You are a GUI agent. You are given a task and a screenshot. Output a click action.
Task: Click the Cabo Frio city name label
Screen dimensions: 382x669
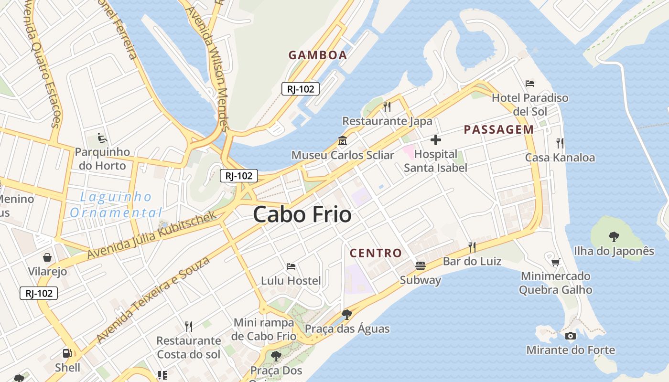click(x=302, y=214)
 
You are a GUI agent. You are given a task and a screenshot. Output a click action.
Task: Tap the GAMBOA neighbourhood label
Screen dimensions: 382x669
click(x=318, y=55)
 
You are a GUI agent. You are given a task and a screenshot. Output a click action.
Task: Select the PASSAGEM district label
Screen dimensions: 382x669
click(x=499, y=129)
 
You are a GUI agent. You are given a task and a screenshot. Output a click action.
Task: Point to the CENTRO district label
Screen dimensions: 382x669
click(x=376, y=253)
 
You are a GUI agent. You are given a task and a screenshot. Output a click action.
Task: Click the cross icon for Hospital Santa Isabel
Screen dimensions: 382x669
click(x=435, y=140)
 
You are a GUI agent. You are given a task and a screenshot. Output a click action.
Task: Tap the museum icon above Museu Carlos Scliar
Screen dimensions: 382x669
click(x=343, y=141)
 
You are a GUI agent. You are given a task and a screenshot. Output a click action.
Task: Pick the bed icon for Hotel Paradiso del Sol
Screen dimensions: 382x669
click(x=530, y=84)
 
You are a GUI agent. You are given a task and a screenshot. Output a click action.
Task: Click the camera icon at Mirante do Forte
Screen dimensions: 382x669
click(x=570, y=336)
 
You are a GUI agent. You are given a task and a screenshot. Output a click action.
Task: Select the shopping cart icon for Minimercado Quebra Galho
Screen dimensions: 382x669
click(x=555, y=262)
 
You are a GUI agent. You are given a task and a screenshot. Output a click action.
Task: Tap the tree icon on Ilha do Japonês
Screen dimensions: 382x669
click(x=614, y=236)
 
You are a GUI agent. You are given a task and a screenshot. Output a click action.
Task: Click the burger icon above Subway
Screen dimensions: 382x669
click(x=421, y=265)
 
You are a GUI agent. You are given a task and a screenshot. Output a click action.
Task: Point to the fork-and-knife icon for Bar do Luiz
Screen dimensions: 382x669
click(x=472, y=247)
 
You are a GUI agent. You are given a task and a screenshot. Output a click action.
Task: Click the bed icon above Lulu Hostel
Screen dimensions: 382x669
click(x=291, y=266)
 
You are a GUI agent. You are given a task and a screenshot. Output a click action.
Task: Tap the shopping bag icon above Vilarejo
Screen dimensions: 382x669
click(x=47, y=257)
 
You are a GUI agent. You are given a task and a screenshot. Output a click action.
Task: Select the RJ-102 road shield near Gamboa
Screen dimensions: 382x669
click(x=300, y=88)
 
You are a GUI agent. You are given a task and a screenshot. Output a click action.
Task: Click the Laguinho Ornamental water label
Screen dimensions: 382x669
click(x=116, y=204)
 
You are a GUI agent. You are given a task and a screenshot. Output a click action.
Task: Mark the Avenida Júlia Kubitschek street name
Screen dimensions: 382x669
click(x=152, y=236)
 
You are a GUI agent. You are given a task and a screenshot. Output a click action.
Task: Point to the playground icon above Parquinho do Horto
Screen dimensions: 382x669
click(x=102, y=138)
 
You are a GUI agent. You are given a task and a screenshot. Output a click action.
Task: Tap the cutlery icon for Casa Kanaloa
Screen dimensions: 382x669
click(x=560, y=143)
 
